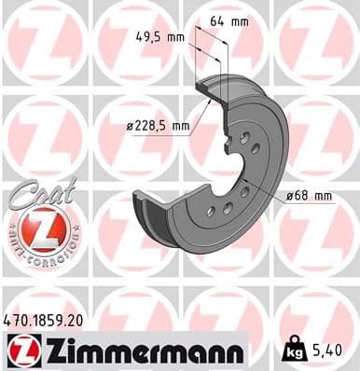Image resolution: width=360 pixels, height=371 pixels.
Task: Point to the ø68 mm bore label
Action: click(x=312, y=195)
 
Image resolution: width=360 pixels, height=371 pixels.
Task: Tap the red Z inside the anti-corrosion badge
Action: click(x=42, y=227)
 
